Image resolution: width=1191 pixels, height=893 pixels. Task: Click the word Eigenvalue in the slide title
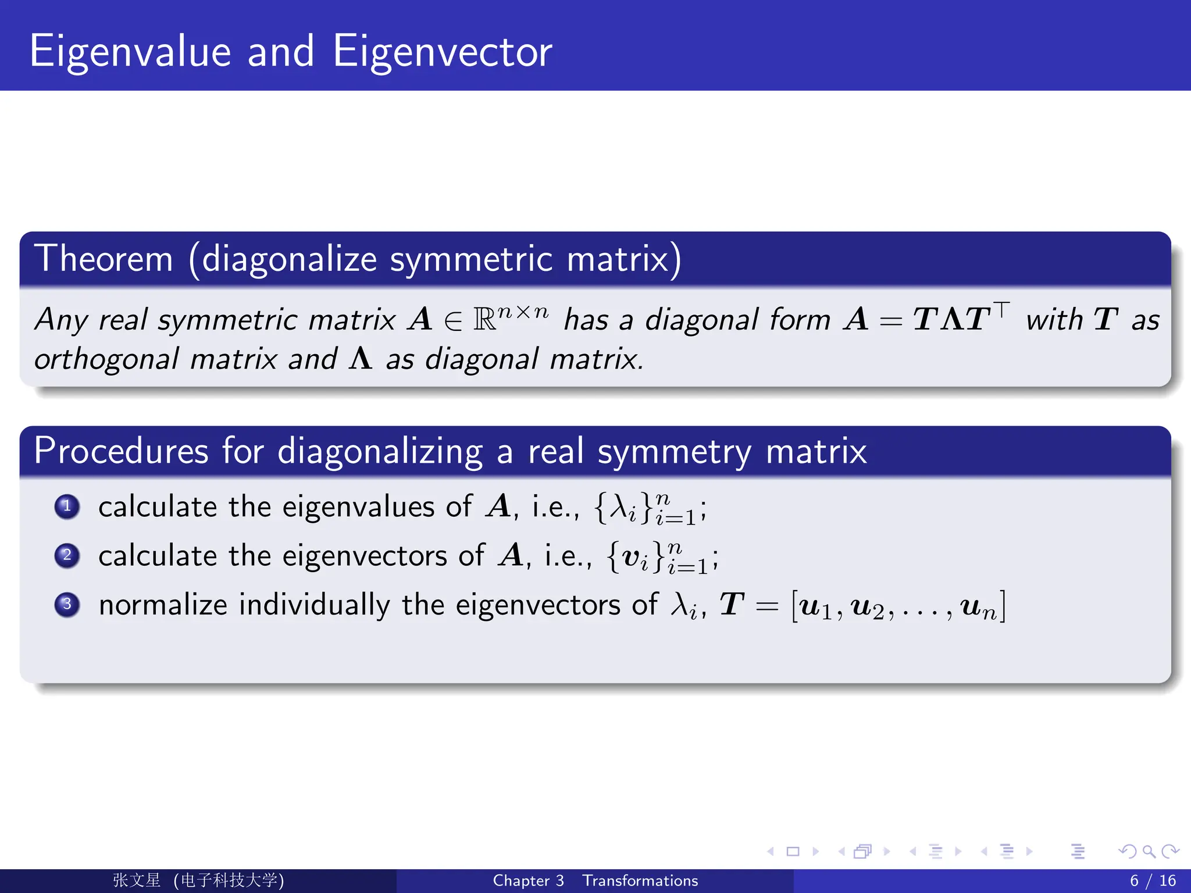(x=130, y=52)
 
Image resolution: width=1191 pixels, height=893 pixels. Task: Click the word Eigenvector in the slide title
(x=442, y=52)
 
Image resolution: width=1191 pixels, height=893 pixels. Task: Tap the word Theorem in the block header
(x=104, y=259)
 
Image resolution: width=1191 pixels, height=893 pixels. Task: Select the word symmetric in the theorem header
(x=471, y=259)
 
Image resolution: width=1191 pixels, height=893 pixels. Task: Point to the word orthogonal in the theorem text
(x=106, y=359)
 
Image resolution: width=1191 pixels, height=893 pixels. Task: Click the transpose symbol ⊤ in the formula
(x=1001, y=309)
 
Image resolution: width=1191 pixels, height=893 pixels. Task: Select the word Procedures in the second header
(x=121, y=451)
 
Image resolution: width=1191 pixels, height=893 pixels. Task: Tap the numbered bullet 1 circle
(x=67, y=506)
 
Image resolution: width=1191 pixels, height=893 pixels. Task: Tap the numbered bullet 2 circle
(x=67, y=555)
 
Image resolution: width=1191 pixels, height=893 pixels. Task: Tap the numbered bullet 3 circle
(x=67, y=604)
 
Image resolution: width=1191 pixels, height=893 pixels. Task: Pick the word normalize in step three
(x=163, y=605)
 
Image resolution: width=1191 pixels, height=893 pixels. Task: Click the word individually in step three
(x=314, y=605)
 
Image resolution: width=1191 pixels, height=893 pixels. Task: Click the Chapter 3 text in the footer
(x=528, y=881)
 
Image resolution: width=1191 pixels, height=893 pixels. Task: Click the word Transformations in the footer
(x=640, y=881)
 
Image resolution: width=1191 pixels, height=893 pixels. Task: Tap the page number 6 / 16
(x=1152, y=881)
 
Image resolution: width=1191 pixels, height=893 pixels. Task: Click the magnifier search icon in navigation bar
(x=1149, y=852)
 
